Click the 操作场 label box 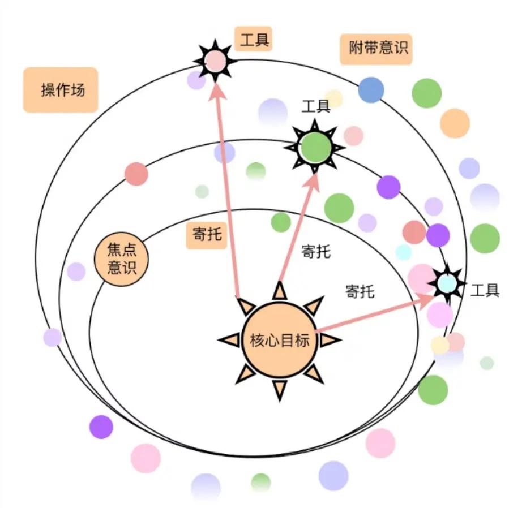tap(61, 90)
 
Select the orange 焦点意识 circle tap(122, 257)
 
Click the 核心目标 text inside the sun tap(280, 340)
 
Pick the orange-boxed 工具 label tap(254, 40)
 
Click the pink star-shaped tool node tap(215, 61)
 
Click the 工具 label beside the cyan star tap(485, 291)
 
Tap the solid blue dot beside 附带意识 tap(371, 90)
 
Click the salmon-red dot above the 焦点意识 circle tap(136, 174)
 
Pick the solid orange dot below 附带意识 tap(455, 123)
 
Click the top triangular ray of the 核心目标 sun tap(280, 291)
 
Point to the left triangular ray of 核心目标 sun tap(230, 339)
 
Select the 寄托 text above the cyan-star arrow tap(360, 292)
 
